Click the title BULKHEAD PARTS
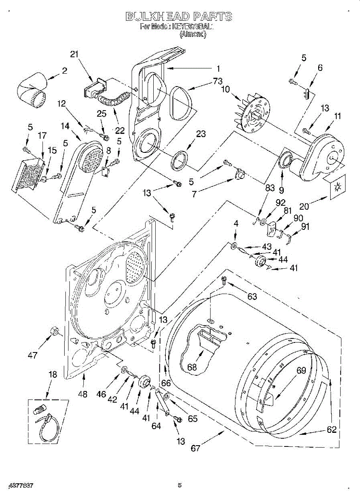point(179,17)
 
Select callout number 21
point(74,54)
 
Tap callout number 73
point(218,81)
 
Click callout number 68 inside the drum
point(191,367)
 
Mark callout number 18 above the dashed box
point(52,374)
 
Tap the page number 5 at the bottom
point(179,485)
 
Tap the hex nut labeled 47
point(53,331)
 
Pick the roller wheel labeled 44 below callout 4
point(261,261)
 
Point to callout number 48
point(83,394)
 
